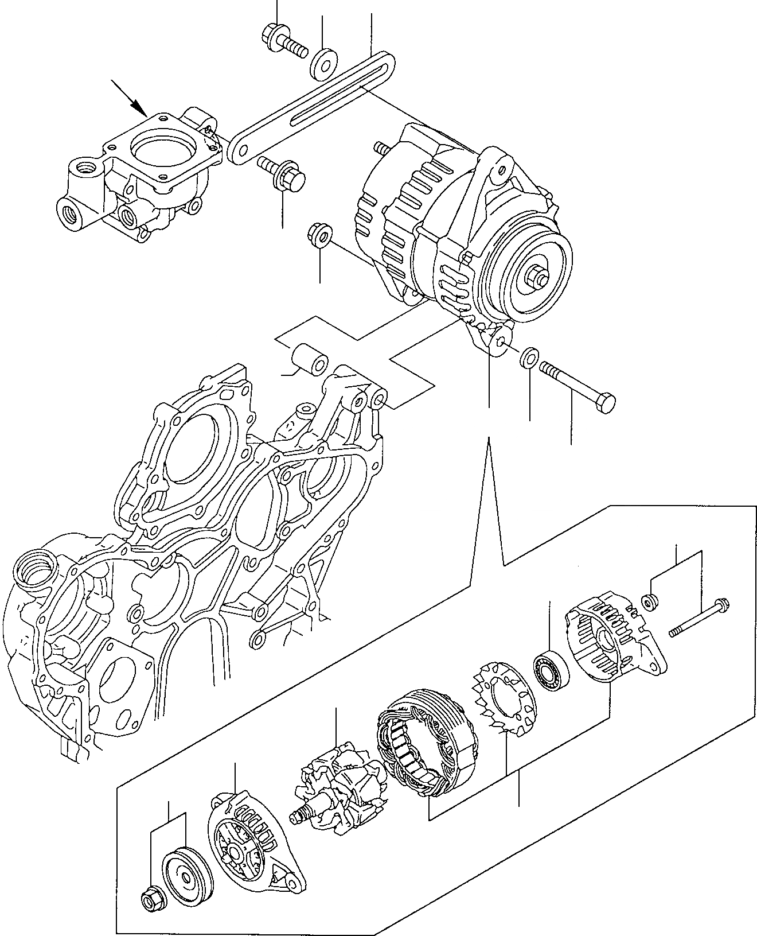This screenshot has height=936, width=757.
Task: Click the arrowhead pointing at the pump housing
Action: click(x=138, y=107)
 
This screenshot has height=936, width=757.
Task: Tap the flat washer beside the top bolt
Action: click(x=324, y=64)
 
